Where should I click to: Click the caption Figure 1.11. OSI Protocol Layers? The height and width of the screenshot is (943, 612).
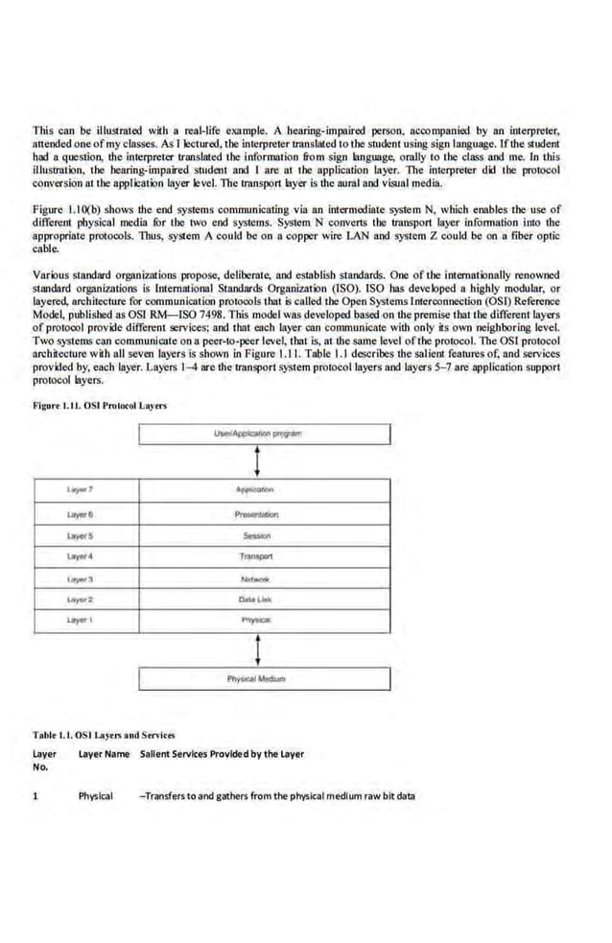(100, 405)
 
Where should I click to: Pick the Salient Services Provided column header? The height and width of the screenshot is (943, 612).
(222, 754)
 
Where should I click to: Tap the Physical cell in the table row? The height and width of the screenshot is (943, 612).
(96, 796)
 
